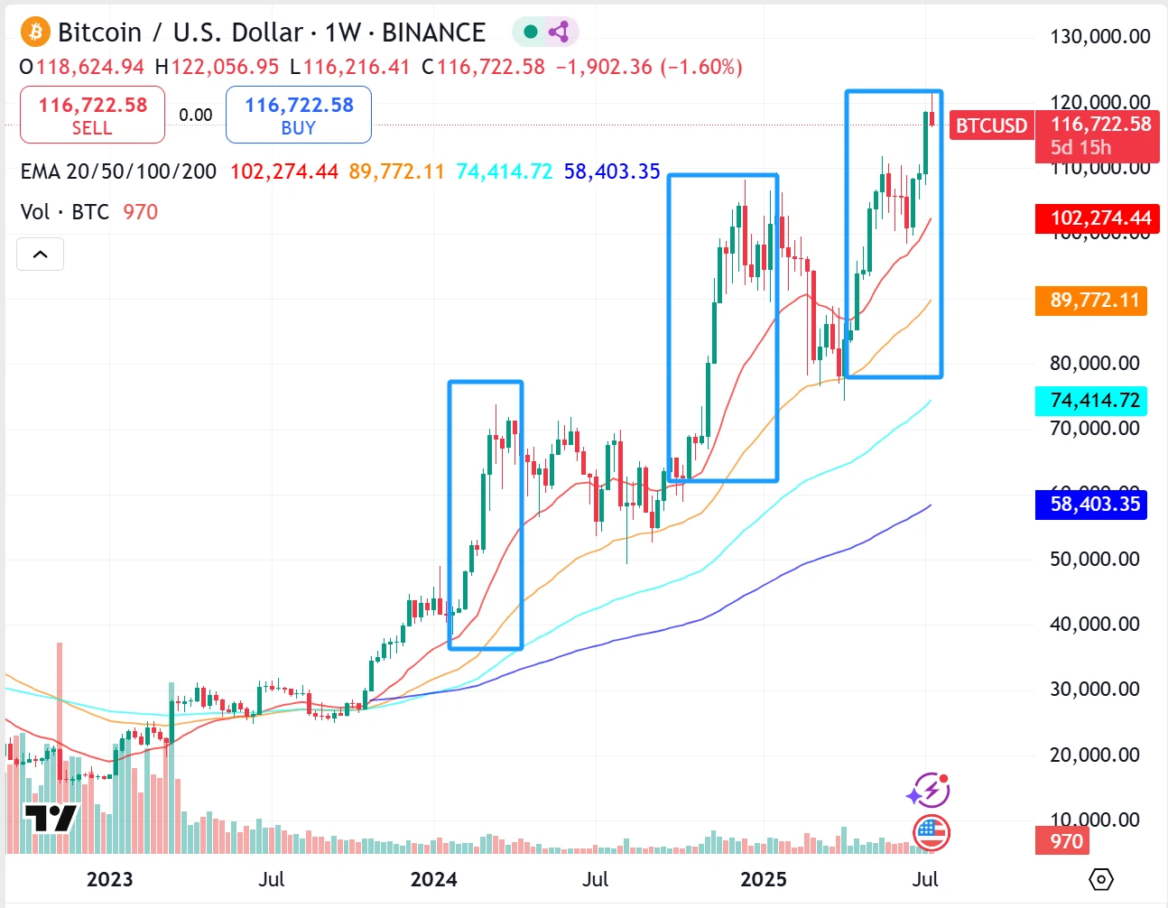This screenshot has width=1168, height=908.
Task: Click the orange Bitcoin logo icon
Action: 35,32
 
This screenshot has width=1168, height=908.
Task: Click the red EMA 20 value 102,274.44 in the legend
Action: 283,171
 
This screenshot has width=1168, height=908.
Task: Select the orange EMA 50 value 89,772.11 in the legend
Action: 396,171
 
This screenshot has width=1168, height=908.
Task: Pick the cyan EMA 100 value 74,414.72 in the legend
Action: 504,171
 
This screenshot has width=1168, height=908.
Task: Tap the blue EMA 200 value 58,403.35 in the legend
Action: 612,171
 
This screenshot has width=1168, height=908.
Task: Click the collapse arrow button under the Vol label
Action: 41,255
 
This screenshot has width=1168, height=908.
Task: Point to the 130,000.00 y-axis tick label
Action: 1099,37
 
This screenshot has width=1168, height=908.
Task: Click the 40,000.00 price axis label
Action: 1094,624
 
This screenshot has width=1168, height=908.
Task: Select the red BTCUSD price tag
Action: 991,125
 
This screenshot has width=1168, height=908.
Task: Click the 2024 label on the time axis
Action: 433,879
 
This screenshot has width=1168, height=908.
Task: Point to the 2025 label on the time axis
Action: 763,879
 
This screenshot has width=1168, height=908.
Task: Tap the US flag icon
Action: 931,832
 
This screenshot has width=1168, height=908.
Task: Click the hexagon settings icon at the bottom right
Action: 1101,879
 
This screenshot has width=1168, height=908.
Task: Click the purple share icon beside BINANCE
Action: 559,32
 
